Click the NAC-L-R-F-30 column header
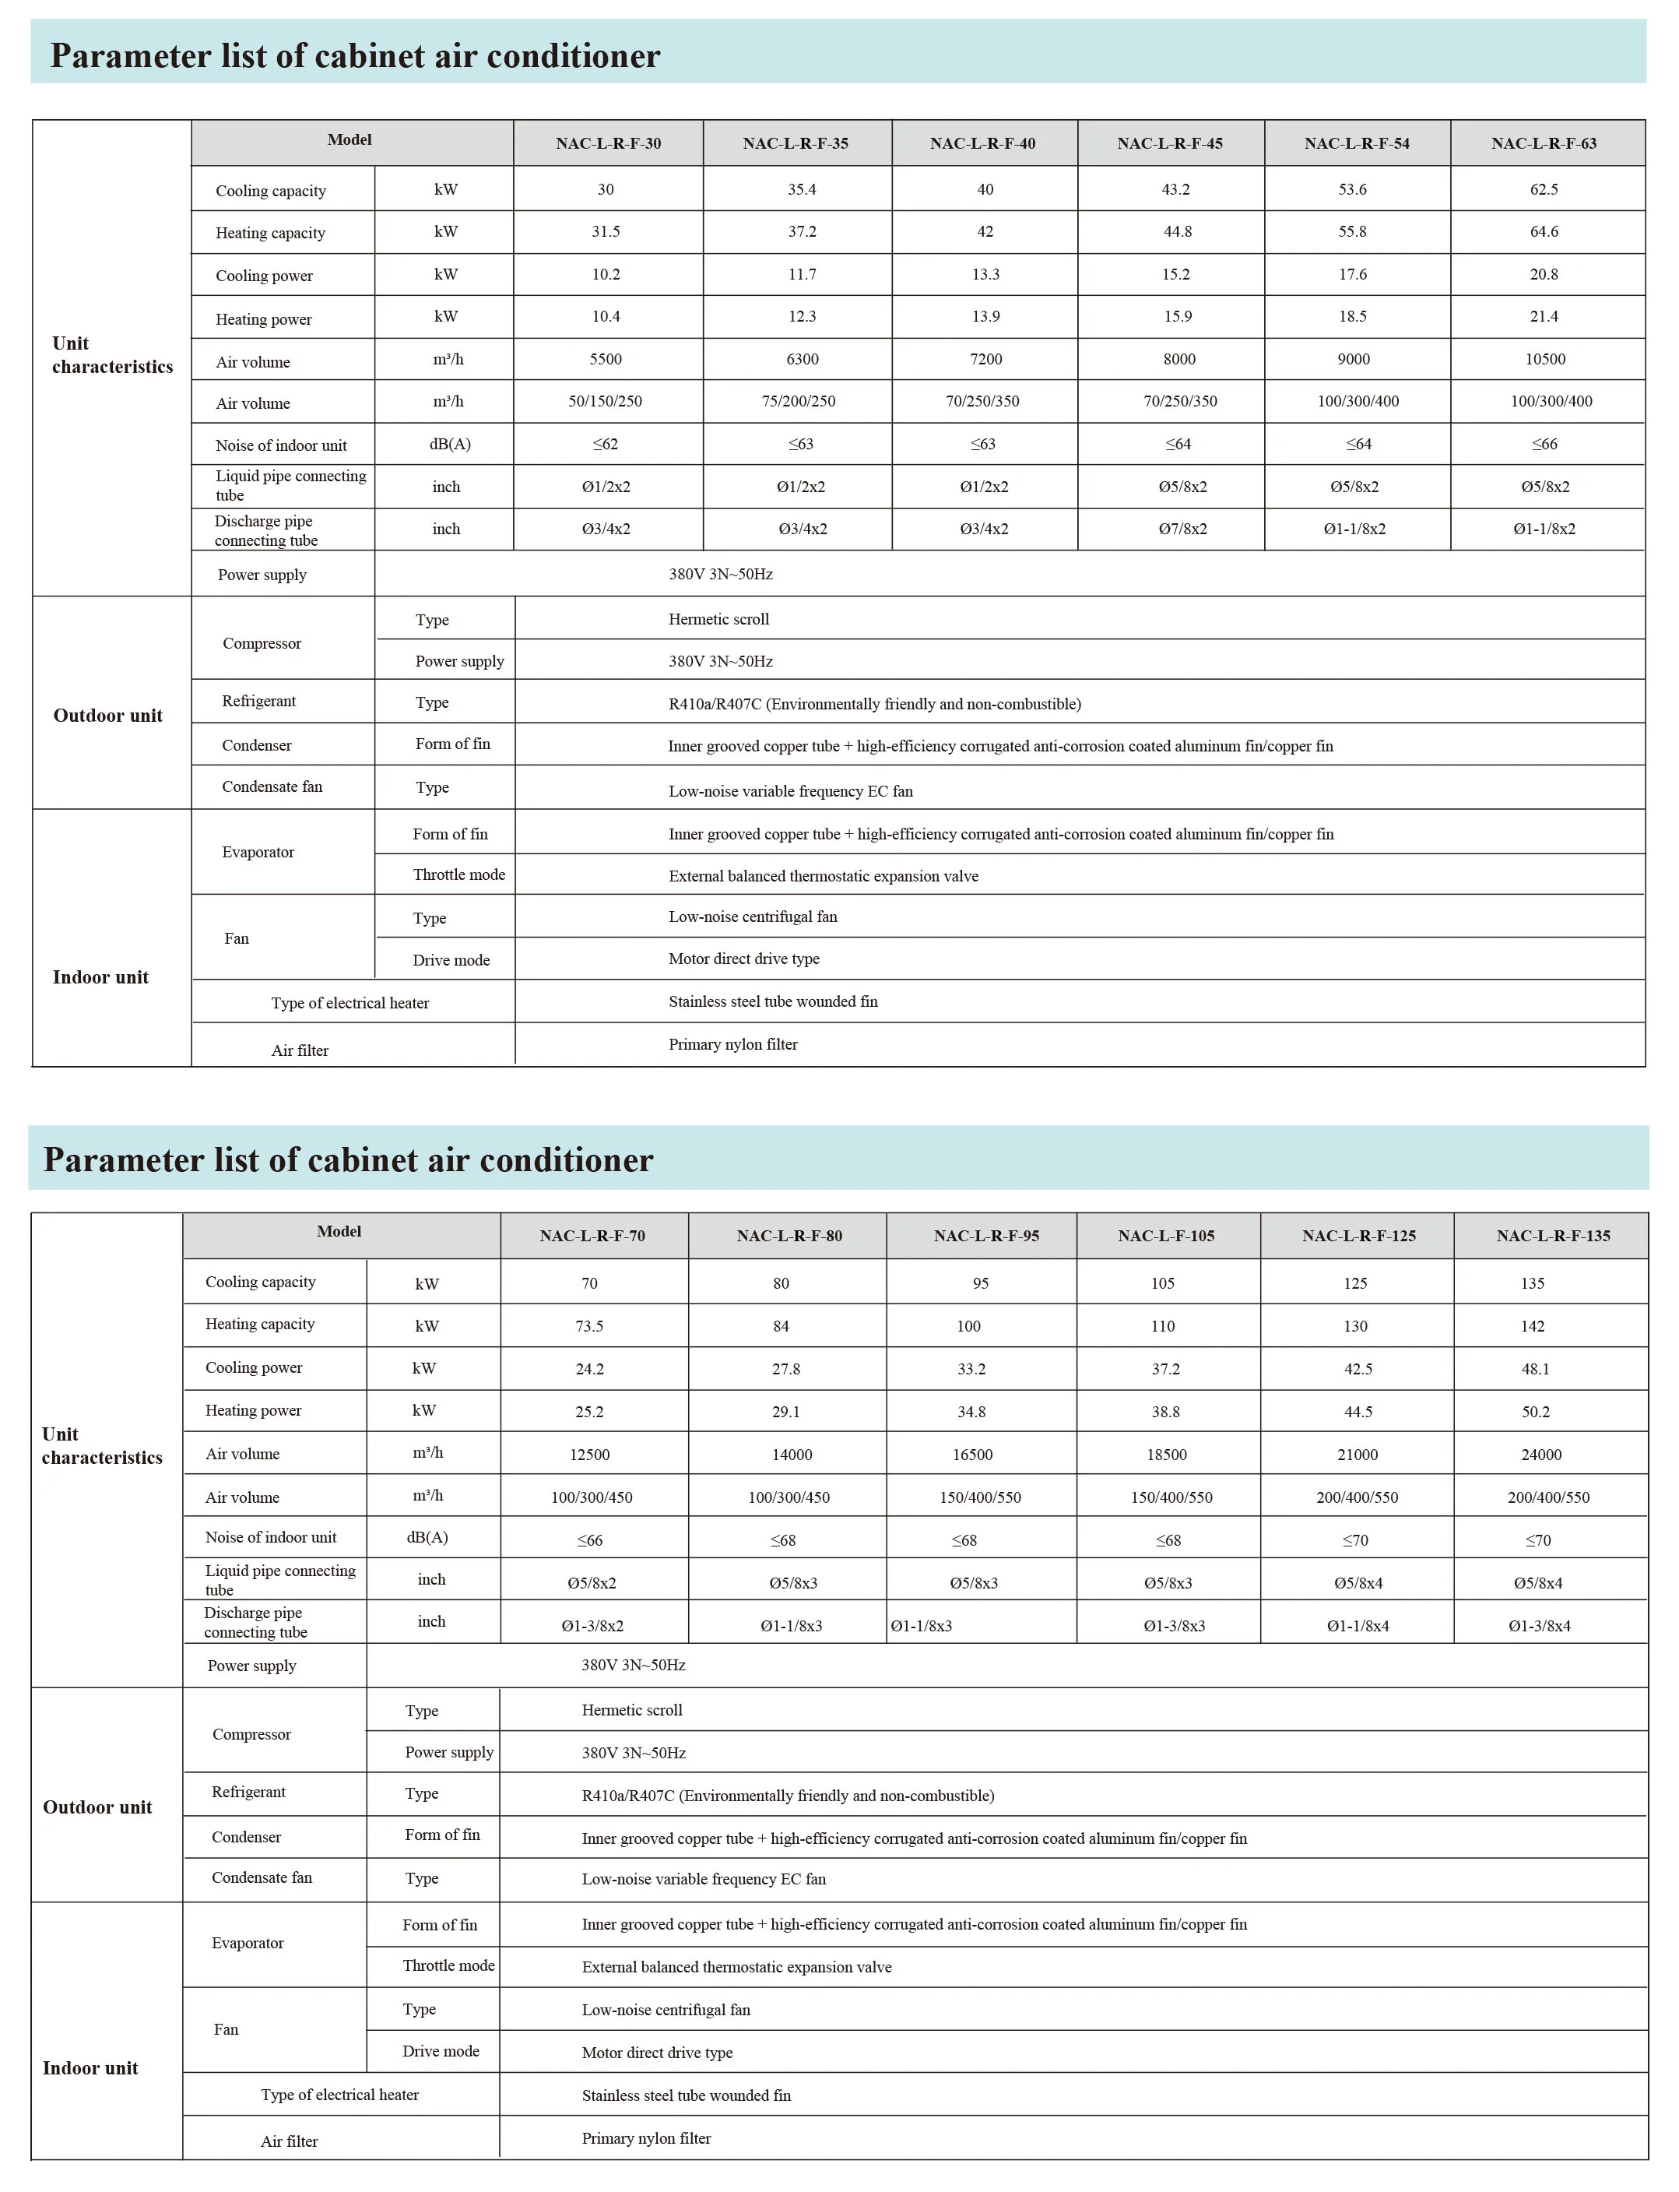[x=608, y=144]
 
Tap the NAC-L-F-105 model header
[x=1165, y=1237]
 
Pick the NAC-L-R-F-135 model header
[x=1552, y=1237]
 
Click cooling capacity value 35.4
[x=802, y=190]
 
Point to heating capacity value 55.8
[x=1352, y=232]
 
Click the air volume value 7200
[x=985, y=360]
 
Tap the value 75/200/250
[x=798, y=402]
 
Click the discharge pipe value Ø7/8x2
[x=1182, y=530]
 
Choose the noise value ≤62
[x=605, y=445]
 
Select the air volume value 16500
[x=971, y=1455]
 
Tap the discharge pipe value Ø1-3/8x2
[x=592, y=1626]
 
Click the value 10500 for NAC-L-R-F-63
[x=1544, y=360]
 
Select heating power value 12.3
[x=802, y=317]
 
